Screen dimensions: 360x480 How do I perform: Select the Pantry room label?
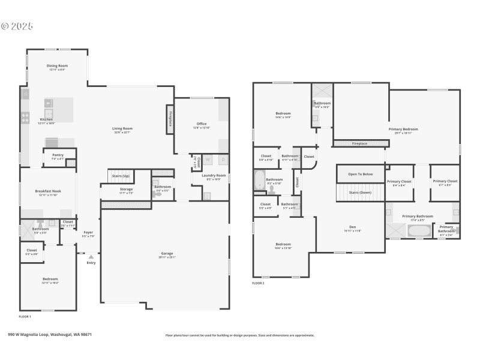click(58, 155)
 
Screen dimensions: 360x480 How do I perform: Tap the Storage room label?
click(125, 189)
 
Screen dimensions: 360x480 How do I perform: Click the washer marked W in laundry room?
click(208, 160)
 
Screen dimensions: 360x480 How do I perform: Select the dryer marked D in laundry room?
click(222, 160)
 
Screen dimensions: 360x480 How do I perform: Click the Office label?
click(201, 124)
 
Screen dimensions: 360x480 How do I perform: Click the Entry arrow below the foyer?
click(91, 257)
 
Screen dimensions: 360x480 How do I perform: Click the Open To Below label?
click(360, 174)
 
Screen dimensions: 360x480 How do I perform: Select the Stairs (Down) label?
click(361, 193)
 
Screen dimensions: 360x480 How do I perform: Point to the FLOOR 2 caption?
click(258, 283)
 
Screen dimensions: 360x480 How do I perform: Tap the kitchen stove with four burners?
click(25, 118)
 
